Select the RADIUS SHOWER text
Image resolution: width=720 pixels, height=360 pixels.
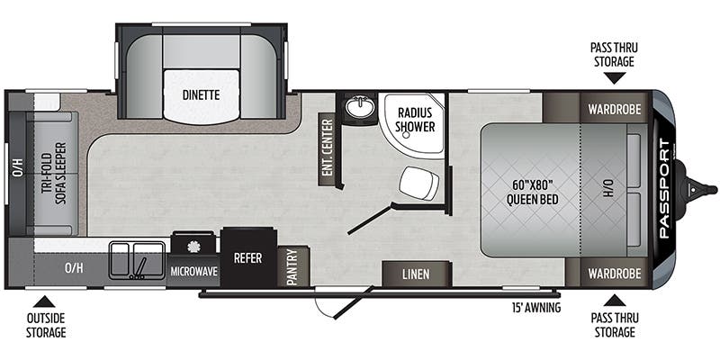point(415,120)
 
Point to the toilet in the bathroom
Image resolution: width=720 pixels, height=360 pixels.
point(419,184)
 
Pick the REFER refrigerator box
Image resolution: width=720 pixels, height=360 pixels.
point(247,257)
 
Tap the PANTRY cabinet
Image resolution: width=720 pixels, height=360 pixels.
point(292,267)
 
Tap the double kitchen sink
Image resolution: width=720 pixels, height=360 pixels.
point(138,260)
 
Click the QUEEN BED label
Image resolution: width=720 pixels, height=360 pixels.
point(524,193)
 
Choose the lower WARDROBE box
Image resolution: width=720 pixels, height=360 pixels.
point(615,273)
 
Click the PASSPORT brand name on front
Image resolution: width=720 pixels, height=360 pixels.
point(664,188)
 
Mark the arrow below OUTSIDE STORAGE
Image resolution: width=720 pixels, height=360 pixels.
point(46,301)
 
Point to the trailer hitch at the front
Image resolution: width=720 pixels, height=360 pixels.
point(702,189)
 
